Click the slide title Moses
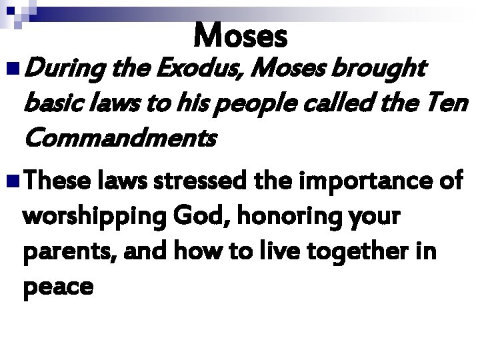click(x=241, y=35)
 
